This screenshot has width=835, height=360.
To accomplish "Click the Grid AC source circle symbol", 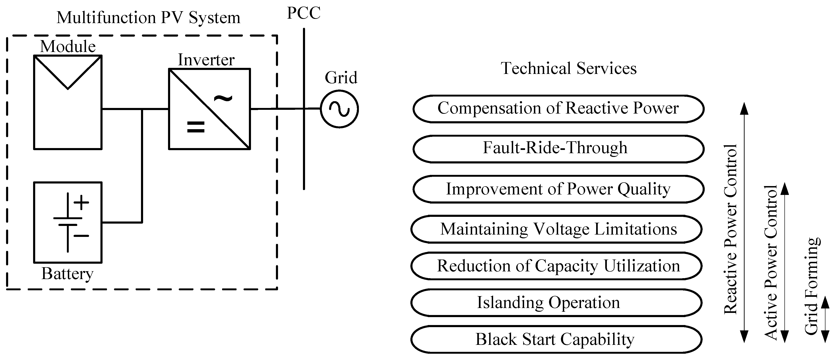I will [339, 109].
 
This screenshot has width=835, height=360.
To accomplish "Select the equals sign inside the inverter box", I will [196, 127].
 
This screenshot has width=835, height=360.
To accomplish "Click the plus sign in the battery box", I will [81, 202].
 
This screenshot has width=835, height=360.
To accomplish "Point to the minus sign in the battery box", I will [81, 236].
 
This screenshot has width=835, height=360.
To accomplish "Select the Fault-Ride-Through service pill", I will [558, 149].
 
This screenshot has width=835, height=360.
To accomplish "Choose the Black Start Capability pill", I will [556, 339].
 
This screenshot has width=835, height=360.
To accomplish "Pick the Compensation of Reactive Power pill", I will [558, 109].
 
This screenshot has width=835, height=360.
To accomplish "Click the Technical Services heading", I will [569, 68].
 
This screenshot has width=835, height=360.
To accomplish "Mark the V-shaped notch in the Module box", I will [68, 84].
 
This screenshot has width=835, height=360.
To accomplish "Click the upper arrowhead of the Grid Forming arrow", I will [825, 302].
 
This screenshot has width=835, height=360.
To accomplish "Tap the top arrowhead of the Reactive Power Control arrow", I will [744, 108].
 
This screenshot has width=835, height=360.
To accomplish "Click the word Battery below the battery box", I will [67, 274].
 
